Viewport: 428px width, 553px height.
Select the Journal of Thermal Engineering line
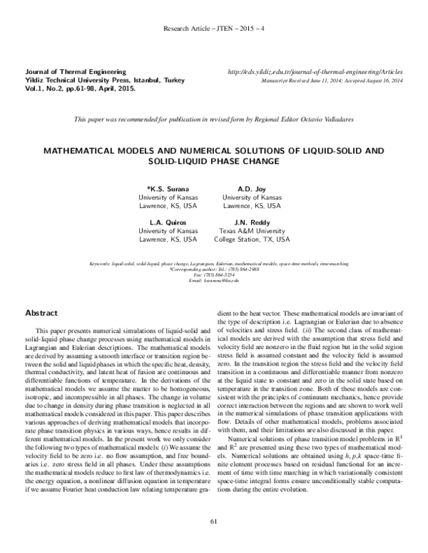coord(76,73)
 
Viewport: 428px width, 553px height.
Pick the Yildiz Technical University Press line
coord(94,81)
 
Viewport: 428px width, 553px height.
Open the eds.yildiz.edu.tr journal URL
coord(315,73)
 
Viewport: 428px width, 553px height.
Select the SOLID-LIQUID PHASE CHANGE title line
coord(214,163)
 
